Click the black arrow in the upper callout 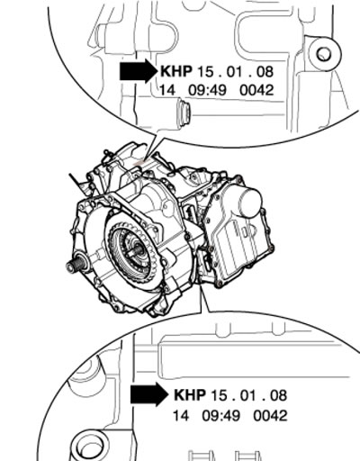tap(139, 71)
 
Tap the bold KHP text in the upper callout tap(176, 71)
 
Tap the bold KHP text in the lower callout tap(190, 394)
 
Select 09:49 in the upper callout tap(207, 90)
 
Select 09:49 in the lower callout tap(221, 416)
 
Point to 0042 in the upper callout tap(256, 90)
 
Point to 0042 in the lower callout tap(270, 416)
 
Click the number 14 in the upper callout tap(166, 90)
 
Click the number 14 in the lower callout tap(181, 416)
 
